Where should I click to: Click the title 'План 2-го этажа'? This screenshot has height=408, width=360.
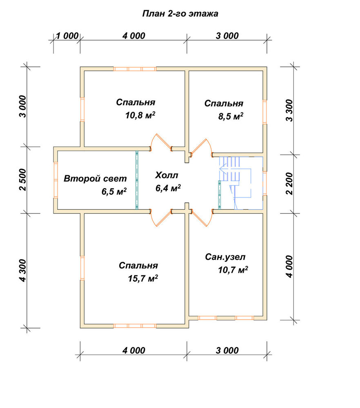tap(180, 13)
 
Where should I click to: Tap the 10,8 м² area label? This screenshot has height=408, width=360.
tap(140, 115)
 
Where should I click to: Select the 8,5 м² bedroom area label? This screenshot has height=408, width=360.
tap(231, 116)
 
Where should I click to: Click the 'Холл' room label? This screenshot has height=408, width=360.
tap(167, 175)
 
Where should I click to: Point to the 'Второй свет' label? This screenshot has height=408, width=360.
tap(95, 179)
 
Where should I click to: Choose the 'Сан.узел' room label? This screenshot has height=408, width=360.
tap(225, 257)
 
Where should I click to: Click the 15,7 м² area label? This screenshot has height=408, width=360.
tap(143, 279)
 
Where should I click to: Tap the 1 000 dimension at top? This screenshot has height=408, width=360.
tap(67, 35)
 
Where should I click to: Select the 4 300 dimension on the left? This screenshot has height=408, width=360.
tap(23, 271)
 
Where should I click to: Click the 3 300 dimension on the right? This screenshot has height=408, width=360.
tap(289, 110)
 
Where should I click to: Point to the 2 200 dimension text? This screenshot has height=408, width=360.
tap(289, 184)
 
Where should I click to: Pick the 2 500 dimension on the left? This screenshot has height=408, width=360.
tap(23, 180)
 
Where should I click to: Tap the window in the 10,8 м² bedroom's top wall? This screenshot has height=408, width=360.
tap(135, 69)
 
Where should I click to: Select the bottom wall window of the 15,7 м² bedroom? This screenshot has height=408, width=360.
tap(135, 326)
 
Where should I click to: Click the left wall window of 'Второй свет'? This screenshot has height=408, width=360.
tap(56, 180)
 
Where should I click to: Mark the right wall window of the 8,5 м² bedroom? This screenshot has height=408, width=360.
tap(265, 112)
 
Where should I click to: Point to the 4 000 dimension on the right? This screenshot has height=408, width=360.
tap(289, 267)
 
